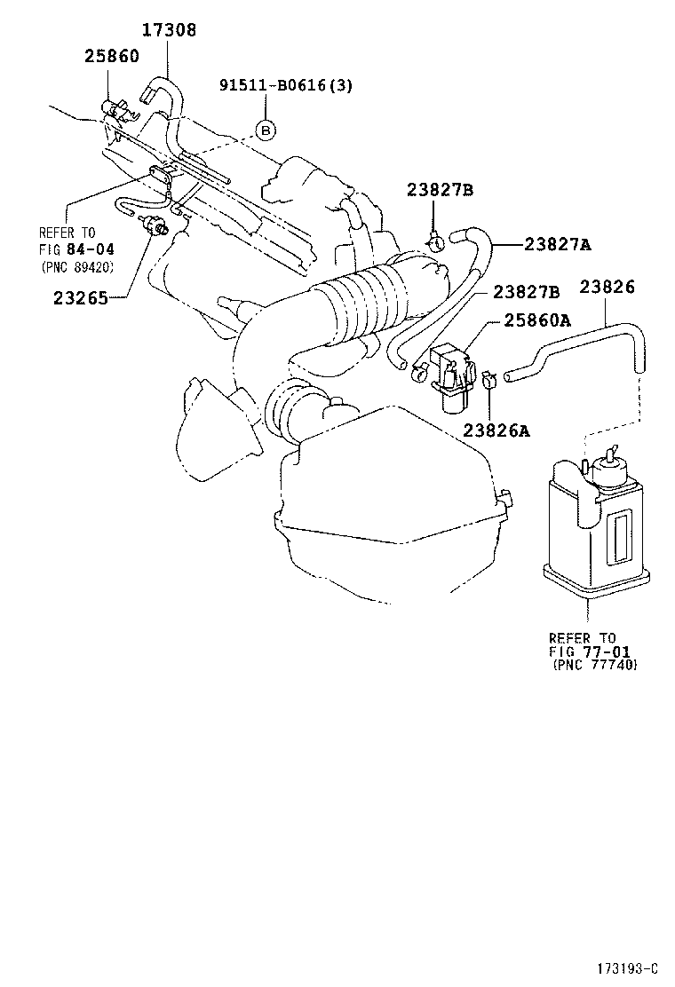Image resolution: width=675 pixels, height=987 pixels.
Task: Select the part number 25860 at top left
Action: [x=112, y=55]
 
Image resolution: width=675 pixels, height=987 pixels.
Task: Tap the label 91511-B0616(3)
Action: [x=286, y=86]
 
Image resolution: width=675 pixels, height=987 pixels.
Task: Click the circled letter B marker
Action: [x=266, y=130]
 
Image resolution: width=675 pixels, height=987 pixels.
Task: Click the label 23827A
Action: [x=558, y=245]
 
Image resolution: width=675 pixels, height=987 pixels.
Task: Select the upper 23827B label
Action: [x=441, y=190]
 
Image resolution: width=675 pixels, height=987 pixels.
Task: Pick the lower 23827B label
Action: [x=526, y=291]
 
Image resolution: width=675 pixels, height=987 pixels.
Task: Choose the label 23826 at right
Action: [x=607, y=287]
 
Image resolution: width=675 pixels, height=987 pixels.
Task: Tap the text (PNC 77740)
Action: [x=594, y=664]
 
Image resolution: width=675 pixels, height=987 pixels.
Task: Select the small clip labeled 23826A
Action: [x=488, y=384]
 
